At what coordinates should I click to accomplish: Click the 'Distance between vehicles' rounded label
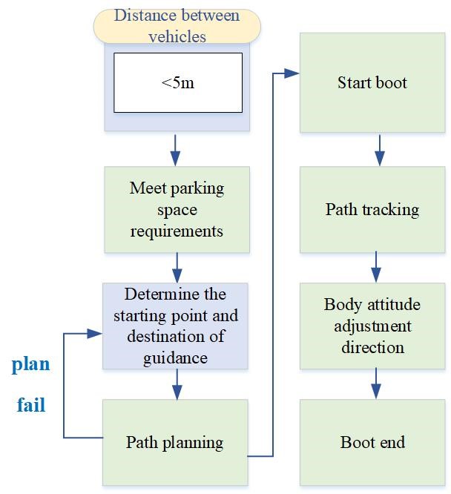(177, 26)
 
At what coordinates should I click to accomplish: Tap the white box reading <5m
(177, 82)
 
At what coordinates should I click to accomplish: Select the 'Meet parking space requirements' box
(177, 209)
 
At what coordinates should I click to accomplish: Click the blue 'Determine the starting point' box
(176, 326)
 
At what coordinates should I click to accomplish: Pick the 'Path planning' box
(175, 443)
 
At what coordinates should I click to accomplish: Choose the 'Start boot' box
(372, 82)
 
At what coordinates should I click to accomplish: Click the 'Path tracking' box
(372, 209)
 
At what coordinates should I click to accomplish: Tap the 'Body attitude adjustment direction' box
(372, 326)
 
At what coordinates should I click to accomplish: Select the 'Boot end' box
(372, 443)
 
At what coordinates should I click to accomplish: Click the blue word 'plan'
(30, 364)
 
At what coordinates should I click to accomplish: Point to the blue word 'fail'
(30, 405)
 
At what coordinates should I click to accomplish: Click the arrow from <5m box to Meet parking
(175, 149)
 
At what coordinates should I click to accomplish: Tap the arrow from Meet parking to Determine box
(177, 266)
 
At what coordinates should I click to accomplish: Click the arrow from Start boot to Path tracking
(379, 150)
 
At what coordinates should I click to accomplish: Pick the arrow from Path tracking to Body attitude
(376, 266)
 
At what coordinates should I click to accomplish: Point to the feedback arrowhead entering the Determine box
(94, 334)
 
